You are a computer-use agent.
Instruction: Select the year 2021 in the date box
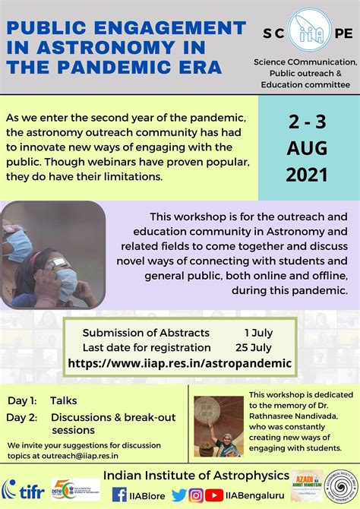coord(308,174)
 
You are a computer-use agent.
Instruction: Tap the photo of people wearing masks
coord(53,254)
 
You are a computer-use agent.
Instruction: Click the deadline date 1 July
coord(258,333)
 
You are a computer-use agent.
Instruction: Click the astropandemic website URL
coord(179,363)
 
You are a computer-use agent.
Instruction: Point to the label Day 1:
coord(22,400)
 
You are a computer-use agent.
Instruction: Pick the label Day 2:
coord(22,416)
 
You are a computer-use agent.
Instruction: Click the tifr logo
coord(24,488)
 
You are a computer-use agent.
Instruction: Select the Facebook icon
coord(119,495)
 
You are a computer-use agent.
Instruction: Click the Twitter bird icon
coord(178,495)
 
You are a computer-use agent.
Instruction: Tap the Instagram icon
coord(195,495)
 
